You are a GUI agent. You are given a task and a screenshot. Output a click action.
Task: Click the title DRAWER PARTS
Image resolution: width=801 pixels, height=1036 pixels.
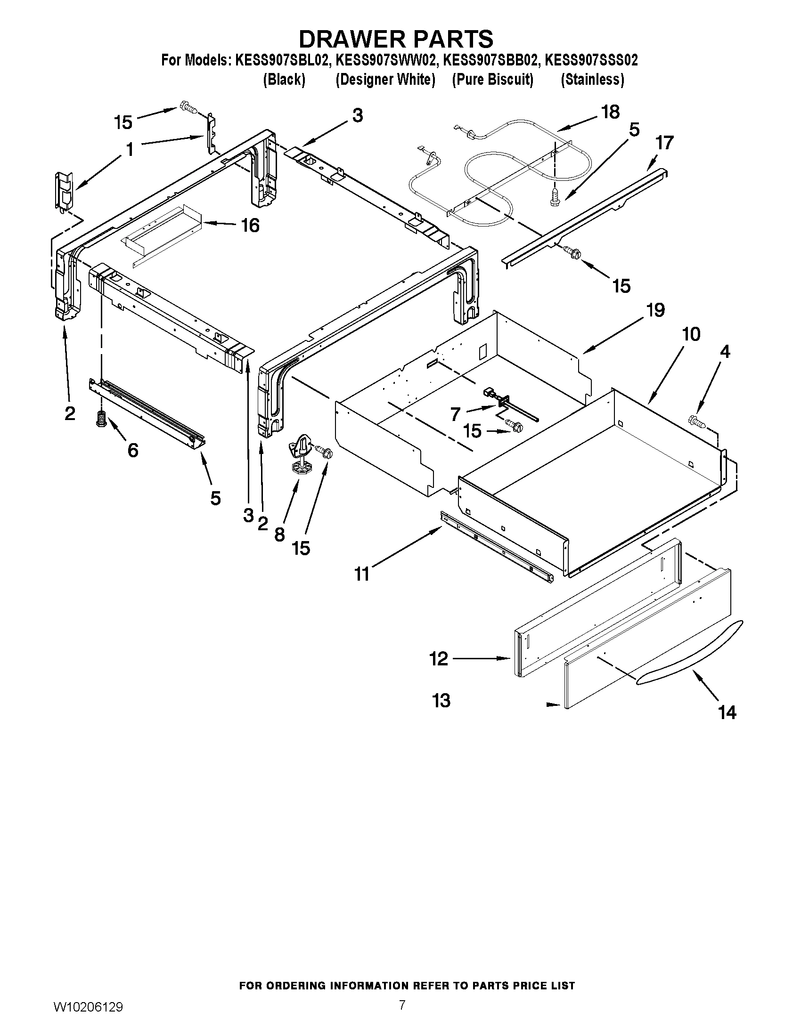[x=396, y=39]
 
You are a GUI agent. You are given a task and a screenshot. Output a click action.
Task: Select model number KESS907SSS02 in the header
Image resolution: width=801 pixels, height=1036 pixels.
[x=591, y=60]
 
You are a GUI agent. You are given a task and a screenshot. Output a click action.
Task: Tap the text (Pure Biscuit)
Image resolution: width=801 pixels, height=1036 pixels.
[x=492, y=79]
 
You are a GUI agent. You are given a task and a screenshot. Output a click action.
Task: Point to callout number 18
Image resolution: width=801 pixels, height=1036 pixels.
[x=610, y=112]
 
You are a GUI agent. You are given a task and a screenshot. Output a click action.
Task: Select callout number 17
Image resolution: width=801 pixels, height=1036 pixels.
[x=664, y=143]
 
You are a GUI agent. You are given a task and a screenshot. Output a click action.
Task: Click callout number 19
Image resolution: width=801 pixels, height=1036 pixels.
[x=655, y=310]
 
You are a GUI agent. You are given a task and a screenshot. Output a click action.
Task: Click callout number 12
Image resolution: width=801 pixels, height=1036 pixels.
[x=439, y=658]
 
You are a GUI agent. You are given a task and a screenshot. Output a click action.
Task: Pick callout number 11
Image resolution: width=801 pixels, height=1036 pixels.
[x=362, y=575]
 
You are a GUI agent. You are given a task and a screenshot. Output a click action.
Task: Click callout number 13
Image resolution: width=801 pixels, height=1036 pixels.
[x=441, y=701]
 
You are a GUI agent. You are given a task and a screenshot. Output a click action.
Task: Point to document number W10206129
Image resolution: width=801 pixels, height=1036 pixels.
[x=89, y=1016]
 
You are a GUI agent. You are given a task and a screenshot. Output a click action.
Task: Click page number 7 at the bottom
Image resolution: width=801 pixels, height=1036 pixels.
[x=402, y=1015]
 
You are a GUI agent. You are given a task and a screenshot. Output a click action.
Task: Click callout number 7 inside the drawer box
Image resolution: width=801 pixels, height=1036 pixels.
[x=455, y=414]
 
